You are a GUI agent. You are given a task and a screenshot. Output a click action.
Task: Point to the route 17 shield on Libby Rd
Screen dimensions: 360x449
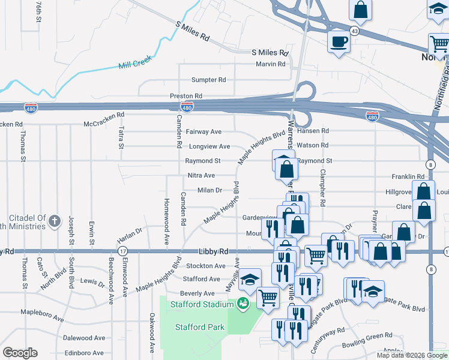122,251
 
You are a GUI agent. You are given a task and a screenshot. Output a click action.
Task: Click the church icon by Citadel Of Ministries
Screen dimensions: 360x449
54,221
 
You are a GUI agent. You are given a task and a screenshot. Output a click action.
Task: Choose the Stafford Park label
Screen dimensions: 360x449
200,327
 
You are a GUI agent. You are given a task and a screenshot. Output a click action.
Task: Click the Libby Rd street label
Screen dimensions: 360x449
214,251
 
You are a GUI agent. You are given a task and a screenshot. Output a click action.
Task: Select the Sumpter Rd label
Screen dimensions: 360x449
208,80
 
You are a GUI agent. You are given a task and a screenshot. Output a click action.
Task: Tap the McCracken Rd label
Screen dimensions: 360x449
104,115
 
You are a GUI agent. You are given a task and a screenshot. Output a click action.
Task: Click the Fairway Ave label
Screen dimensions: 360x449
203,131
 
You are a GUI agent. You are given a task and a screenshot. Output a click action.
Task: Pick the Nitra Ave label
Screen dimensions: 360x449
201,175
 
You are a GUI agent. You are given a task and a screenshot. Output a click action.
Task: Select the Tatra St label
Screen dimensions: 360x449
121,137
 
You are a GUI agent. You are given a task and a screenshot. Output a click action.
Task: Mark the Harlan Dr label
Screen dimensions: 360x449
129,229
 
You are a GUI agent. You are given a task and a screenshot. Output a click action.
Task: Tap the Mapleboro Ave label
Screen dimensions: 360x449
42,313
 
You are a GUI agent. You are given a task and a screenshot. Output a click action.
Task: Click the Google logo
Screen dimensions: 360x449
20,353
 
